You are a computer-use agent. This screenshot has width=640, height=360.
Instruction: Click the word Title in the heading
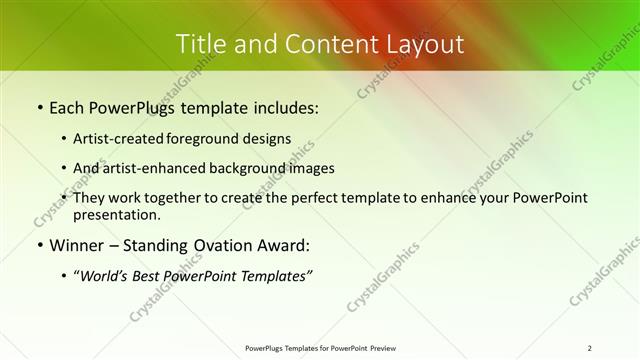(200, 44)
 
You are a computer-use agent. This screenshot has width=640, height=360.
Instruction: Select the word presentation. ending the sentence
(114, 214)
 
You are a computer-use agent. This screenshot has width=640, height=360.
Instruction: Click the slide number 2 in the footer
(590, 348)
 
